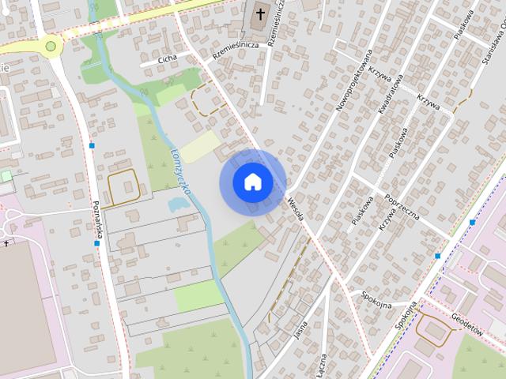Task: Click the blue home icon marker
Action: (252, 182)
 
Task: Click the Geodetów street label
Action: (467, 325)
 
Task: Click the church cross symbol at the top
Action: (260, 15)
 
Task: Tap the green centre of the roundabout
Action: (51, 46)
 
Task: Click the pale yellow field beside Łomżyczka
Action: (200, 147)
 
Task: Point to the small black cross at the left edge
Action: (6, 244)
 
